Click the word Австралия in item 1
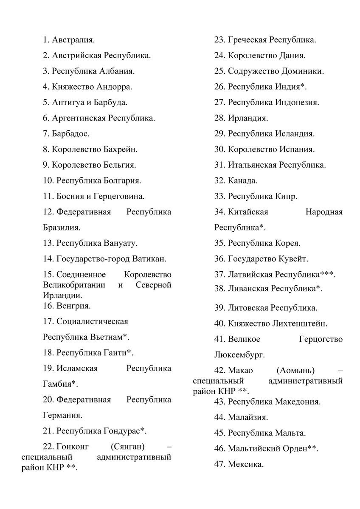tap(73, 40)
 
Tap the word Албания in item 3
tap(120, 71)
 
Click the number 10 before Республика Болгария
tap(48, 180)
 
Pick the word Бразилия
tap(61, 228)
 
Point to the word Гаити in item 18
tap(115, 352)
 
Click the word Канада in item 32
tap(242, 180)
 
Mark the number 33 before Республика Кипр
tap(219, 196)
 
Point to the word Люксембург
tap(239, 354)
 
